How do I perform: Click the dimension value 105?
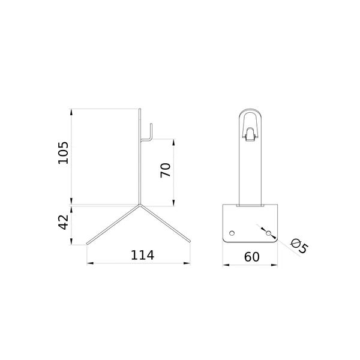(x=63, y=152)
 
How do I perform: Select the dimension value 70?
(x=166, y=170)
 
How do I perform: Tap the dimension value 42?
(x=63, y=222)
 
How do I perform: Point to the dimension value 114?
(x=142, y=255)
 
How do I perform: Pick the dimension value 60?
(x=251, y=257)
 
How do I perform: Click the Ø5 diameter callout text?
(x=298, y=246)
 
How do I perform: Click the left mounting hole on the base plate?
(x=232, y=233)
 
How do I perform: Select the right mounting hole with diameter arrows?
(x=268, y=233)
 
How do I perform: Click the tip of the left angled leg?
(x=87, y=244)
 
